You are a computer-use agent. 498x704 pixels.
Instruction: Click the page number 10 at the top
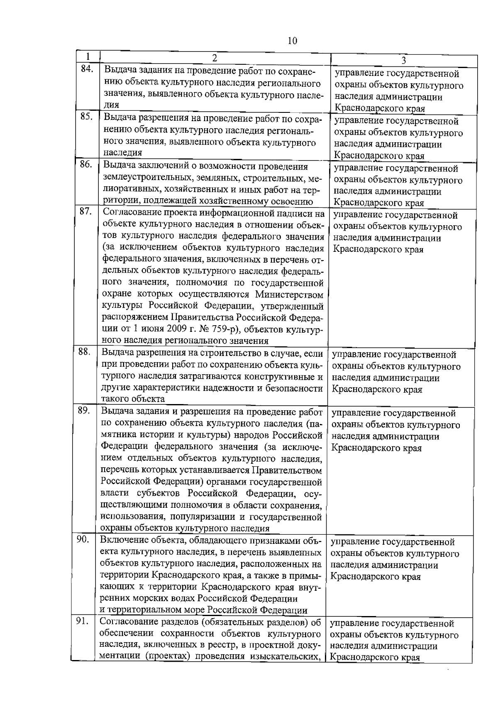(292, 40)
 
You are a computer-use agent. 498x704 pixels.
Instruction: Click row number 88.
(84, 352)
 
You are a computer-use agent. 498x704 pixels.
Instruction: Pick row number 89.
(84, 410)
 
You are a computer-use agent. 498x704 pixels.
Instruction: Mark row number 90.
(83, 539)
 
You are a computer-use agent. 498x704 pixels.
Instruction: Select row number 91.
(83, 621)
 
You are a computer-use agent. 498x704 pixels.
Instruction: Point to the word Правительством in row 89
(286, 471)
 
